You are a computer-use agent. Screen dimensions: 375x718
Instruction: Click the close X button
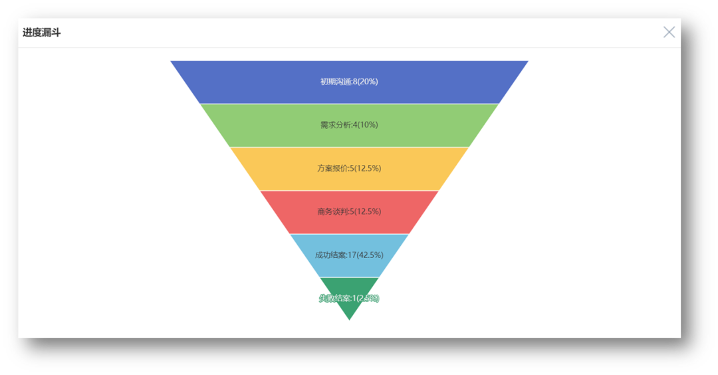click(x=669, y=32)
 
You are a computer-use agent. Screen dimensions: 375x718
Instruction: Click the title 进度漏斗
click(x=41, y=33)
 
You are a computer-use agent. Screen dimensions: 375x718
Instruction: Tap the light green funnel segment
click(x=253, y=125)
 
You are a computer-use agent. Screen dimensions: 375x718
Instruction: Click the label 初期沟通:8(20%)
click(x=349, y=82)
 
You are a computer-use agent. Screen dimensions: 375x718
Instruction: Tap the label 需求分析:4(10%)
click(x=349, y=125)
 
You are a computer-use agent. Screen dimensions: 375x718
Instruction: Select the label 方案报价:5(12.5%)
click(x=349, y=168)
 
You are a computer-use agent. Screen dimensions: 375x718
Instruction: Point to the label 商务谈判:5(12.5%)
click(x=349, y=211)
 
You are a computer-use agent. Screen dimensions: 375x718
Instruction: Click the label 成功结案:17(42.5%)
click(x=349, y=255)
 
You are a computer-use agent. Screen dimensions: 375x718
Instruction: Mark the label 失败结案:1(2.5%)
click(x=349, y=299)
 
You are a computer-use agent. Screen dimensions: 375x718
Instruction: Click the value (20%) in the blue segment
click(x=368, y=82)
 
